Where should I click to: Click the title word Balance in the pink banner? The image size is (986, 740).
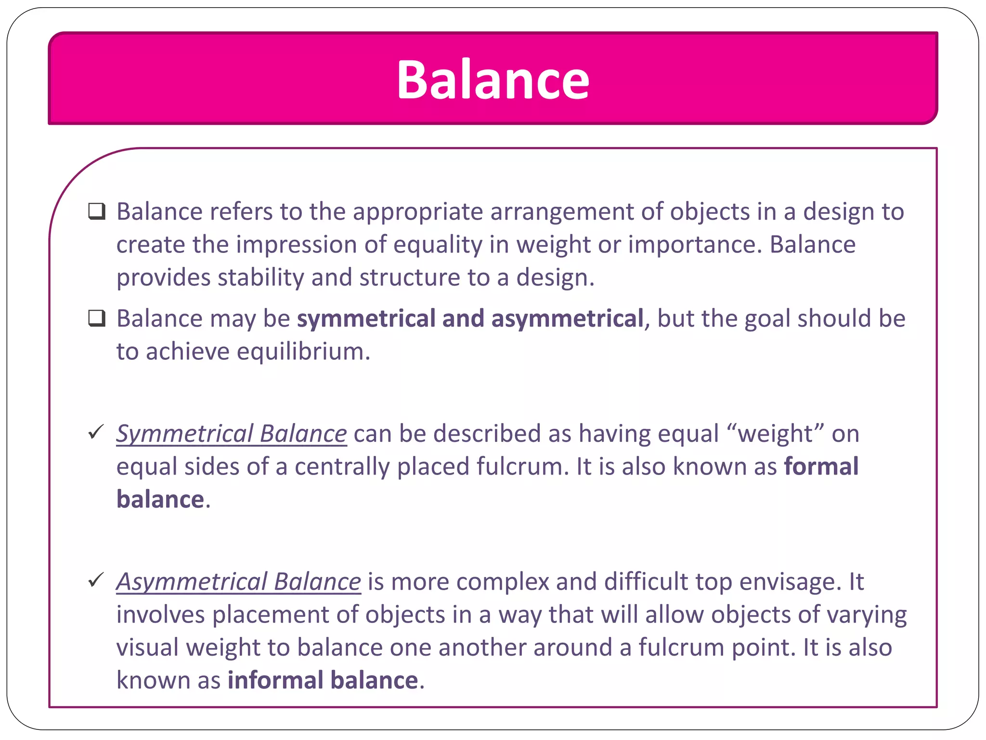pos(493,80)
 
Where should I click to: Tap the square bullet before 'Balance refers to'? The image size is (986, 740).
pos(97,211)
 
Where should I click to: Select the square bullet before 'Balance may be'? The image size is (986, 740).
pos(97,318)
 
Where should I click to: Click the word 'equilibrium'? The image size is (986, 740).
pos(303,352)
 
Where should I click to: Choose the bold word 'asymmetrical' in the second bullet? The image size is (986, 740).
pos(567,319)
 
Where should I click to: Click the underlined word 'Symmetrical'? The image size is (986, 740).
pos(185,434)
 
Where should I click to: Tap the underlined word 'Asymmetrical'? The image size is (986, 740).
pos(192,581)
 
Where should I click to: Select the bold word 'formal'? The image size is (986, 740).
pos(821,466)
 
